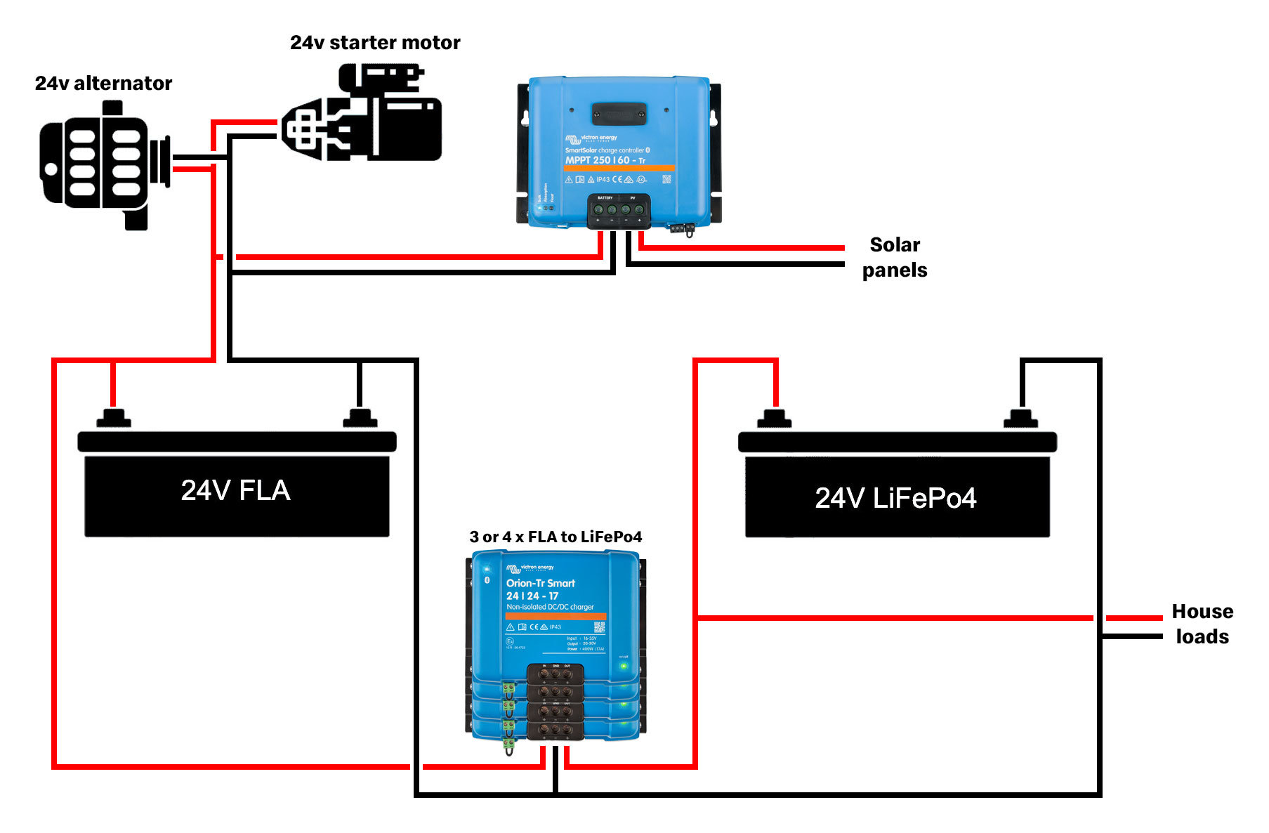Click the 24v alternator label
pos(103,84)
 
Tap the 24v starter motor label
pos(375,43)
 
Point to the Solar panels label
pos(895,257)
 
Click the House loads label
pos(1202,624)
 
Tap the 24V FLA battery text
pos(235,490)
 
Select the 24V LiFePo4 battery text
pos(895,498)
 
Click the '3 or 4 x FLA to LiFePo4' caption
pos(555,537)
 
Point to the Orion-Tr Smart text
pos(540,583)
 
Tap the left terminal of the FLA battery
pos(113,418)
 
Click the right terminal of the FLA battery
pos(360,418)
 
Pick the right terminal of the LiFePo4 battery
pos(1020,419)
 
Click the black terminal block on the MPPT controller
pos(619,210)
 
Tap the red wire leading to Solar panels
pos(744,247)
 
